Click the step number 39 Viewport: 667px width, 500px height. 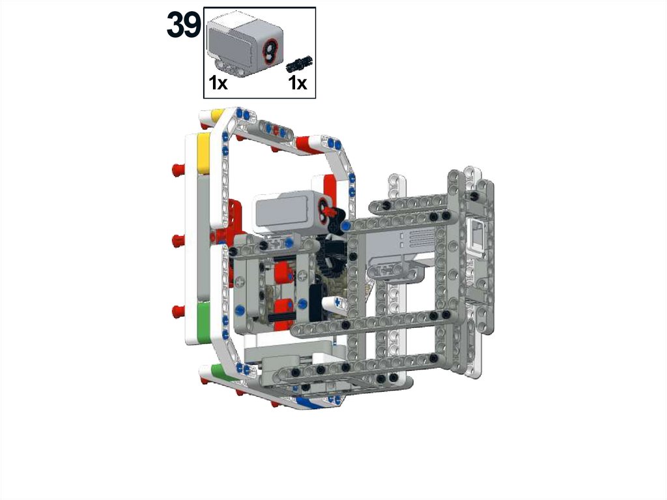(x=183, y=25)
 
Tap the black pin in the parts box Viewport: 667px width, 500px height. (x=300, y=63)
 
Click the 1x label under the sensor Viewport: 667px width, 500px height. (x=218, y=83)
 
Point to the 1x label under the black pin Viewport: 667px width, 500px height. (x=297, y=83)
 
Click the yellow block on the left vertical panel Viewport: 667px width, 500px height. (x=203, y=153)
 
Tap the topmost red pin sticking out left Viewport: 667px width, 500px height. (x=178, y=169)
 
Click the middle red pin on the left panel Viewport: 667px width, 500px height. (x=178, y=241)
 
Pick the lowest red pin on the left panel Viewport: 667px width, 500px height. (x=178, y=312)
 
